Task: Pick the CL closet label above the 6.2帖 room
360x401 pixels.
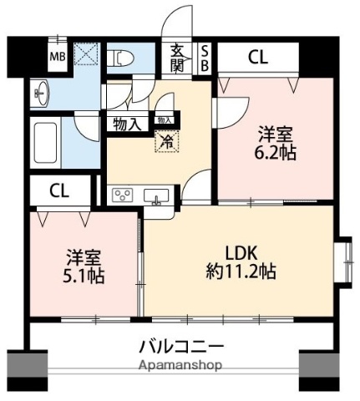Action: pos(258,57)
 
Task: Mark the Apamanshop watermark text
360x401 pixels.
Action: pos(180,366)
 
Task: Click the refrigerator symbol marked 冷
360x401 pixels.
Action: pos(165,141)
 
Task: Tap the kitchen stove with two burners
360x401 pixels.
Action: pos(124,196)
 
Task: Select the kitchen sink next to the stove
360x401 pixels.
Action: pos(155,196)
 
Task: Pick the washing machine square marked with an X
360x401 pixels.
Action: pos(84,55)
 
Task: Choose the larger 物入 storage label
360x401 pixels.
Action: pos(127,124)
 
